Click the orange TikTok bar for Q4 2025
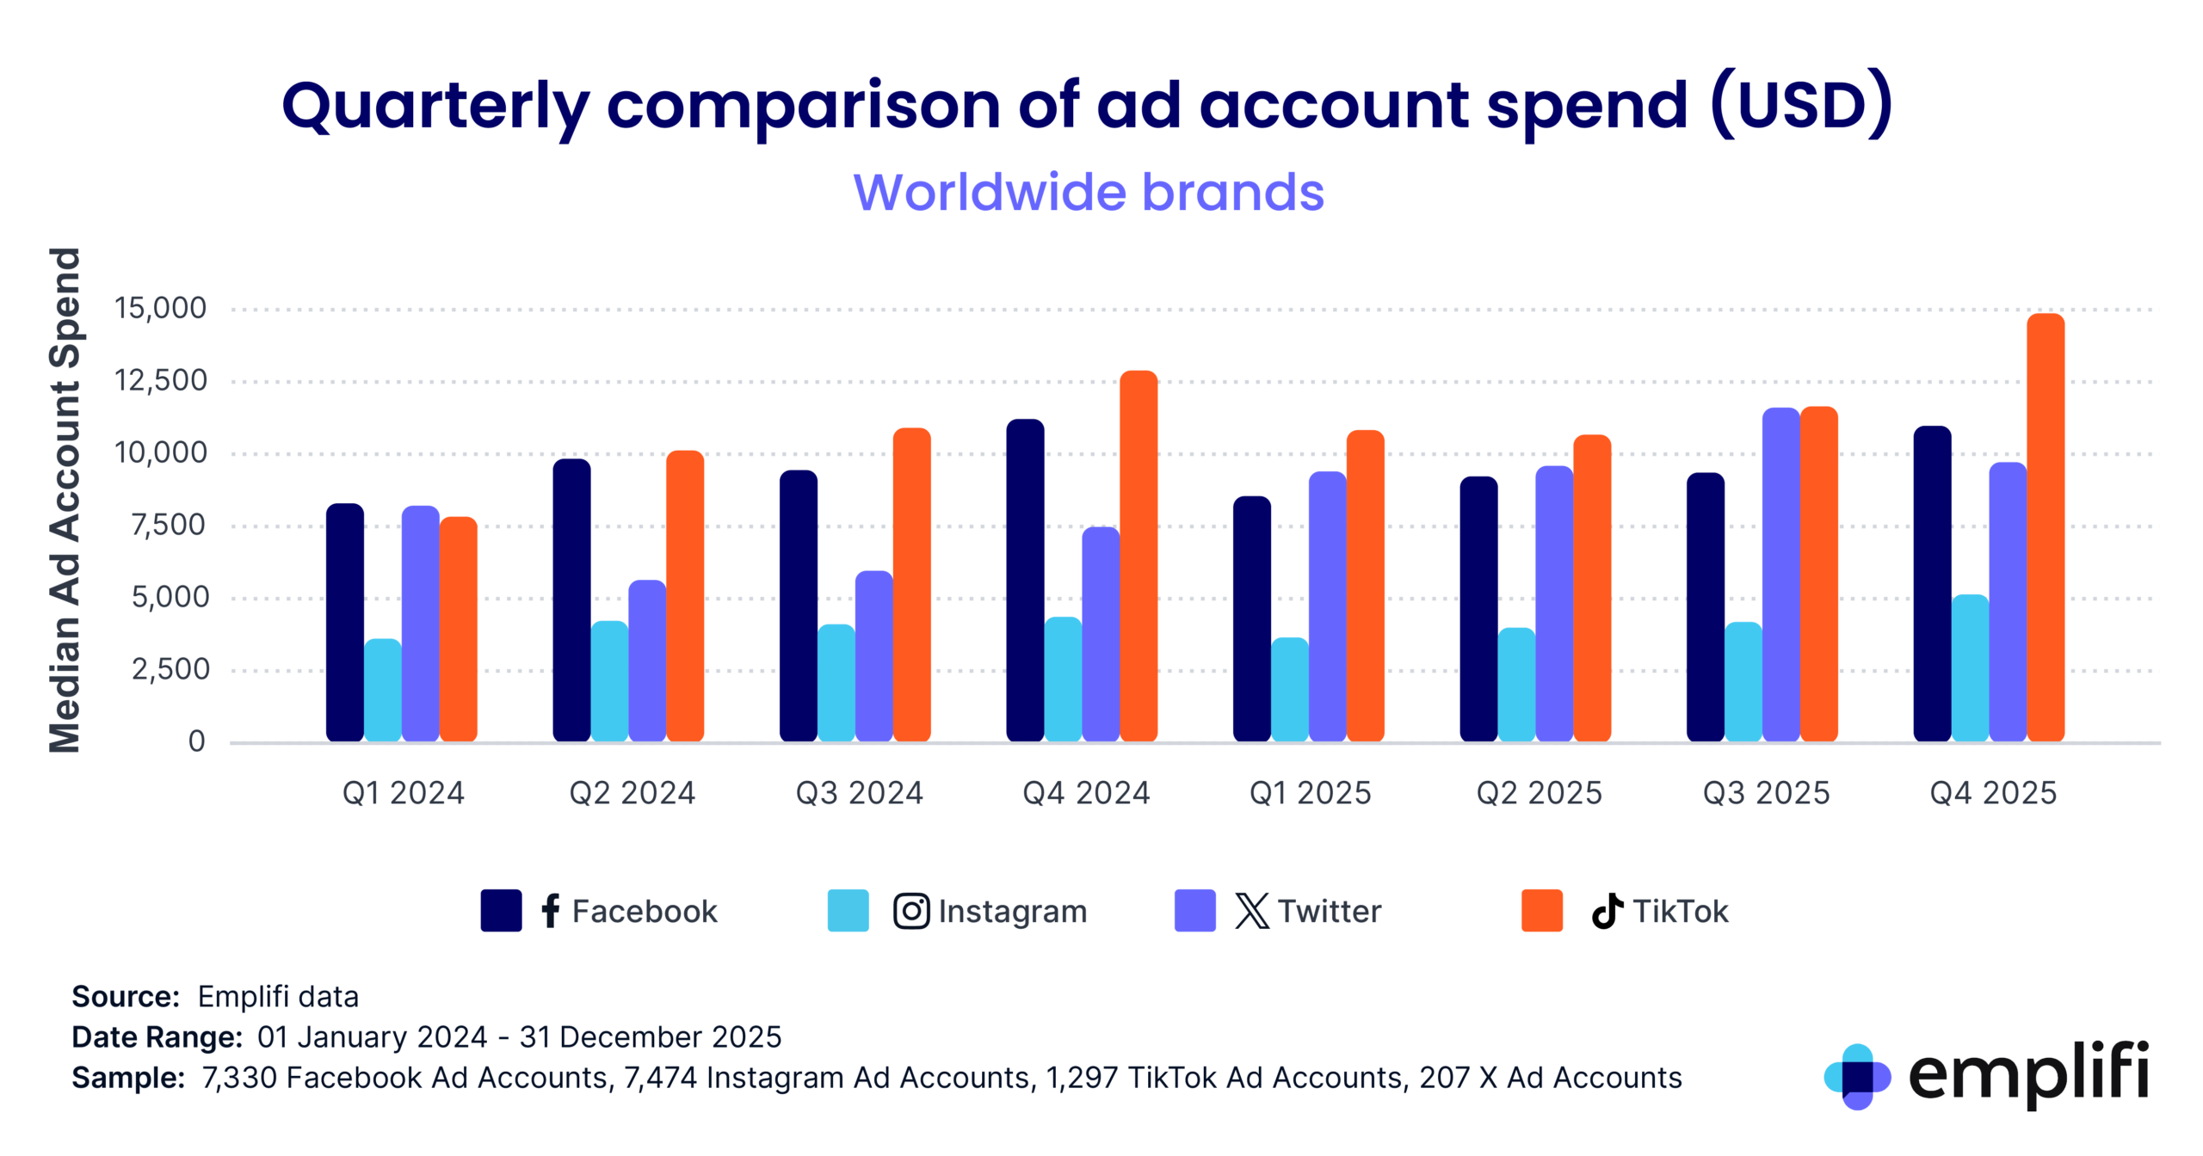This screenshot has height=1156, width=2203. tap(2045, 528)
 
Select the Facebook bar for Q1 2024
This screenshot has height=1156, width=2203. tap(344, 623)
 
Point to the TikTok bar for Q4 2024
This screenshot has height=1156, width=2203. tap(1138, 556)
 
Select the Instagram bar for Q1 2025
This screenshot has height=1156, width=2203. tap(1289, 690)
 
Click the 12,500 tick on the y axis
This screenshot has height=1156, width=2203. tap(161, 380)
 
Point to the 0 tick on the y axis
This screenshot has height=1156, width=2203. tap(196, 741)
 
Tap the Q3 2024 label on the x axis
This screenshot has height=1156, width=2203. tap(859, 792)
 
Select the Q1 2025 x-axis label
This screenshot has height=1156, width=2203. tap(1310, 792)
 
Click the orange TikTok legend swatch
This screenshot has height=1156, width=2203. tap(1540, 910)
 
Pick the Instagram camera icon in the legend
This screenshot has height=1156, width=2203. tap(910, 911)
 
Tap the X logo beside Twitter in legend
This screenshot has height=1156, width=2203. tap(1251, 910)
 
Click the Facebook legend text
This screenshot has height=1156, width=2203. tap(644, 911)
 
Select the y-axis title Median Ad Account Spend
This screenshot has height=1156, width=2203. tap(65, 500)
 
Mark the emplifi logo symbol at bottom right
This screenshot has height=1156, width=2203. tap(1856, 1076)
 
